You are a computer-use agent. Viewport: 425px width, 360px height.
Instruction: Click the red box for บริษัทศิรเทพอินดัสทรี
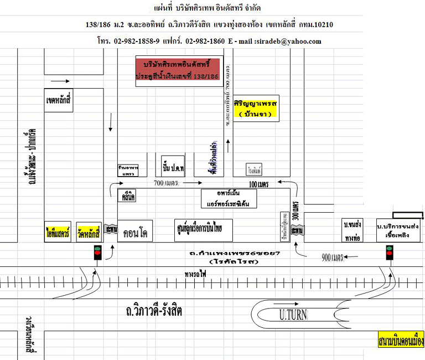(x=178, y=71)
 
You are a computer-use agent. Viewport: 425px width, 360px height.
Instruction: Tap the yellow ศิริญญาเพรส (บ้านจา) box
(x=256, y=109)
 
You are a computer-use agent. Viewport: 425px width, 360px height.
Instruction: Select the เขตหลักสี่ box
(x=59, y=101)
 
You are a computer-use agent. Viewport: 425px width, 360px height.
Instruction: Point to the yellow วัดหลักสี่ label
(x=89, y=229)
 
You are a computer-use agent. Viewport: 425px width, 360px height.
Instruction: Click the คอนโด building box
(x=135, y=229)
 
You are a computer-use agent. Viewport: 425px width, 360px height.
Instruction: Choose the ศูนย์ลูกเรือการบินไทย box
(x=203, y=229)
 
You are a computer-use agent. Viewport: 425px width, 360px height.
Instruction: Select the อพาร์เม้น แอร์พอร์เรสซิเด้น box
(x=230, y=198)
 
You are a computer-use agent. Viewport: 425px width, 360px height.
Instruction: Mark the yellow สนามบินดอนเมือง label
(x=397, y=339)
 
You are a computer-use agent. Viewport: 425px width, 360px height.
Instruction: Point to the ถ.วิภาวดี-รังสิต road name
(x=154, y=311)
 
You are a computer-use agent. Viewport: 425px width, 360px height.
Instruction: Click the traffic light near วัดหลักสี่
(x=98, y=253)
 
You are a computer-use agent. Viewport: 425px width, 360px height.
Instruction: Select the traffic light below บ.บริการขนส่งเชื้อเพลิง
(x=388, y=253)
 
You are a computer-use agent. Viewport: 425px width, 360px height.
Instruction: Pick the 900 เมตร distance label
(x=334, y=257)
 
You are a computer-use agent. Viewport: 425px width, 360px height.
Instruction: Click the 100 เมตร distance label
(x=258, y=183)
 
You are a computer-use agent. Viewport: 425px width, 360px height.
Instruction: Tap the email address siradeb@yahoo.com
(x=288, y=41)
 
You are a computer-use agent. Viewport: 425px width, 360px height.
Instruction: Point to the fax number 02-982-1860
(x=205, y=41)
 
